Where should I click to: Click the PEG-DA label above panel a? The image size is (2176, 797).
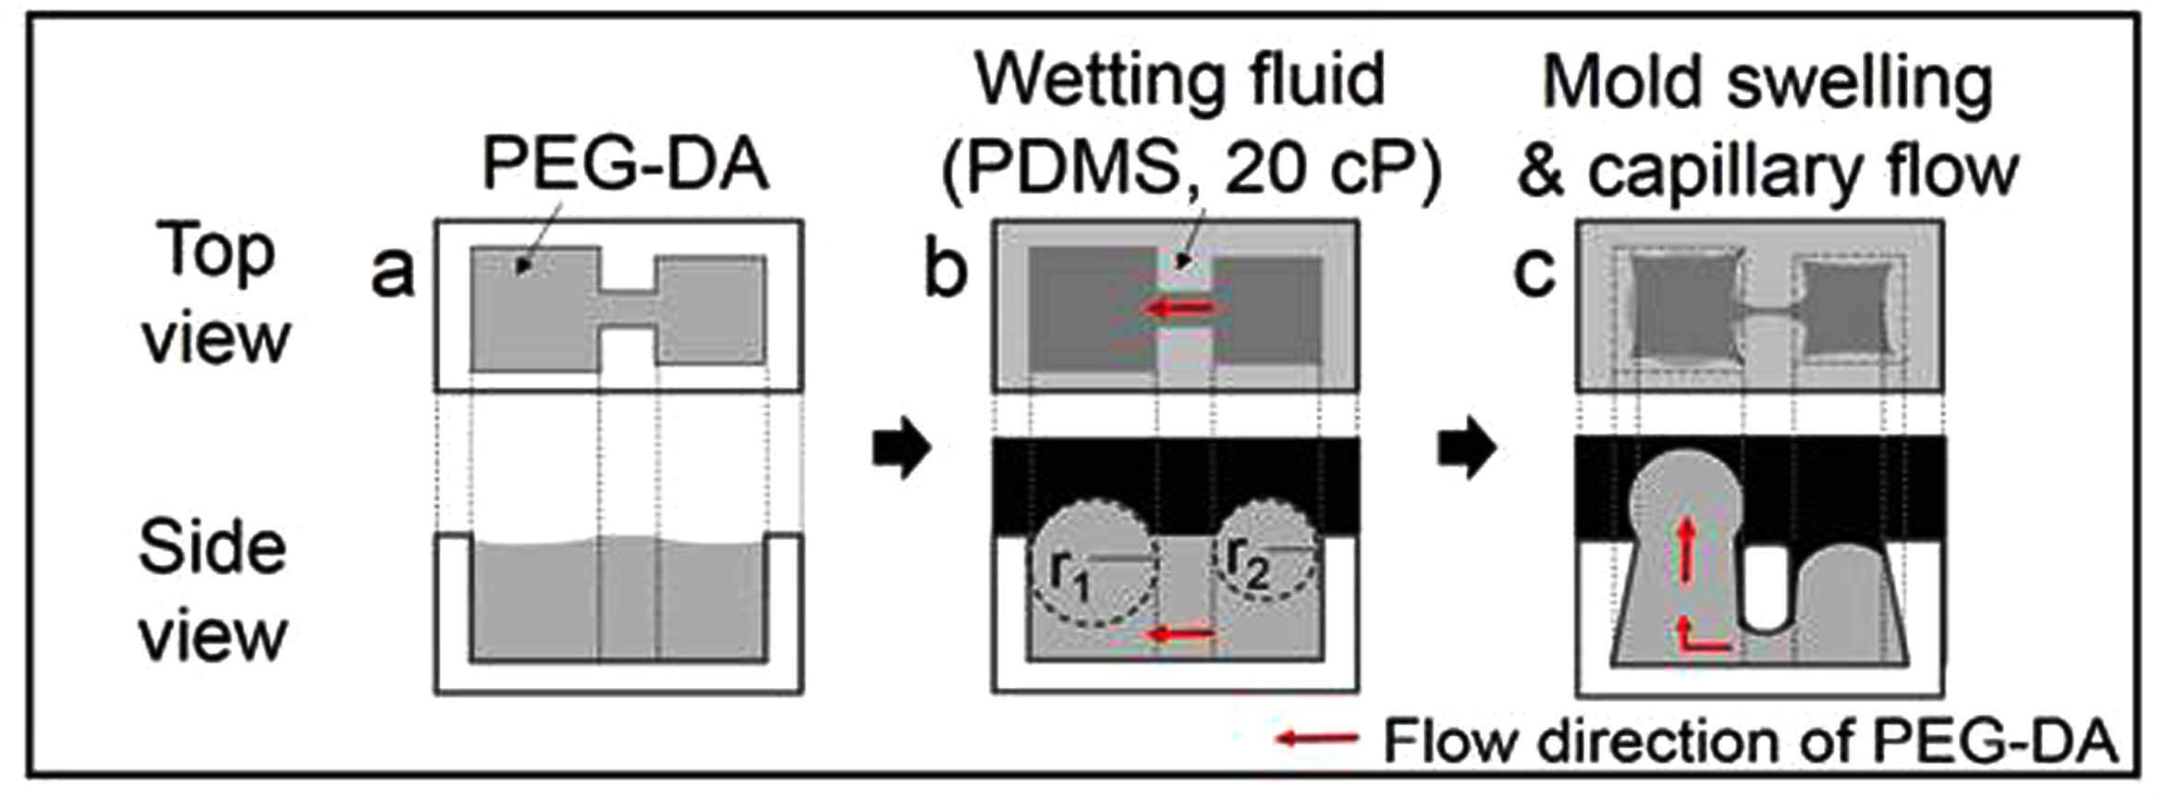click(626, 166)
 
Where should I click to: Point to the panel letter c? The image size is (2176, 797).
click(1534, 273)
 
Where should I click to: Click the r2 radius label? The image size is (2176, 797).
click(1248, 575)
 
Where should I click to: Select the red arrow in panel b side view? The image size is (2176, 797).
click(1179, 634)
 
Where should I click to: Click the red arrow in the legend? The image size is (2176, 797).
click(1317, 738)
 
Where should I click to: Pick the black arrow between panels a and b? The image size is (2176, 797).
click(901, 449)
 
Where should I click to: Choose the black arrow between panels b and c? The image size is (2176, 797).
click(1467, 449)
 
